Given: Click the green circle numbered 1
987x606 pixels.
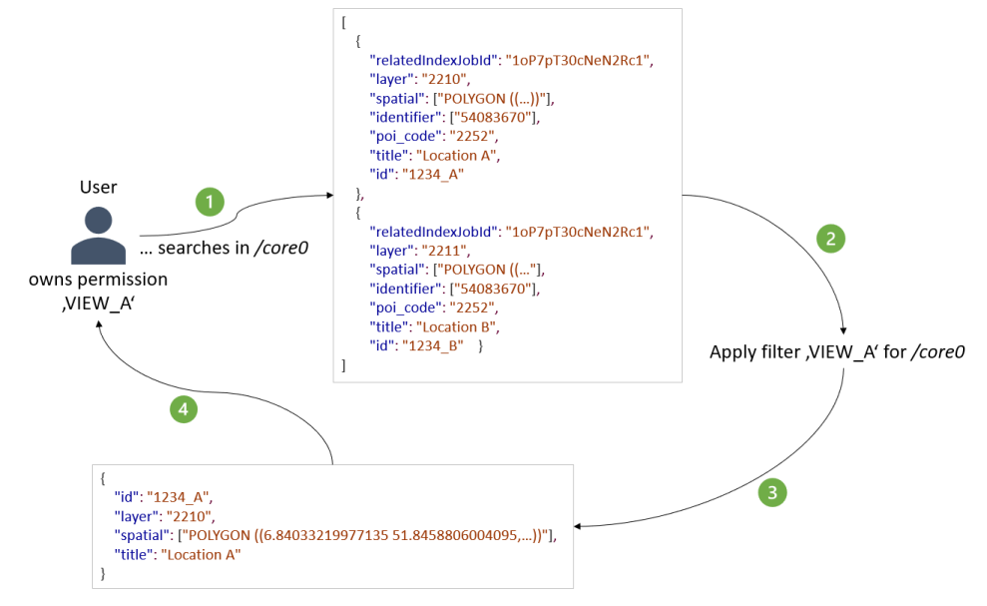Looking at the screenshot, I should tap(209, 202).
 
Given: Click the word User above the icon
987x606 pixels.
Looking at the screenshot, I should tap(98, 188).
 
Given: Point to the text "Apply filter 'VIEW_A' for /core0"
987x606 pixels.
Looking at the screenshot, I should tap(836, 352).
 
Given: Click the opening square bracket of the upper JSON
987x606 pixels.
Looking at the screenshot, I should tap(343, 22).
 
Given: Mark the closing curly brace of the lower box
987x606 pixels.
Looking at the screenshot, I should tap(103, 573).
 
